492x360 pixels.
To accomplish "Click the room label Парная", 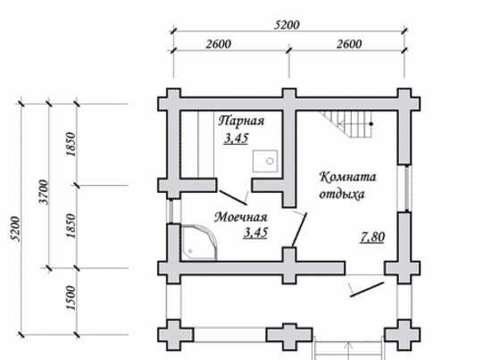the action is [x=241, y=121].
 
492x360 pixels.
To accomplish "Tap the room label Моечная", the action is [x=241, y=217].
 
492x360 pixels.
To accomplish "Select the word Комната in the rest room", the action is [x=347, y=177].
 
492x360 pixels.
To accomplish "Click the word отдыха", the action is [x=342, y=194].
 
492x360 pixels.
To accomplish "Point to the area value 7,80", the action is [x=372, y=237].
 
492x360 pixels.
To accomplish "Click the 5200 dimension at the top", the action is [x=287, y=25].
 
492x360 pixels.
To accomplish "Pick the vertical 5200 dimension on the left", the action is [x=16, y=229].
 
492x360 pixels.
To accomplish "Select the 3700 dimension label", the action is [x=44, y=192].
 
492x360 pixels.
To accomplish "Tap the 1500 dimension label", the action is [x=71, y=297].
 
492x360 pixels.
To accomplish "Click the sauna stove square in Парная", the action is [x=265, y=161].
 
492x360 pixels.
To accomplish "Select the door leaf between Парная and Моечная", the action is [x=233, y=197].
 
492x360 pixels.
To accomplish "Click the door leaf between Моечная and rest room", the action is [x=299, y=230].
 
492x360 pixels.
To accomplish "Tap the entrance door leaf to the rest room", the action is [x=367, y=289].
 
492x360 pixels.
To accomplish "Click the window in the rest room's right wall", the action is [x=407, y=188].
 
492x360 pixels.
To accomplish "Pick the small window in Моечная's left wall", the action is [x=171, y=211].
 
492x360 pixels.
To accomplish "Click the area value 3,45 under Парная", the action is [x=236, y=138].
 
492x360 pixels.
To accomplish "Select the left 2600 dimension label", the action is [x=219, y=45].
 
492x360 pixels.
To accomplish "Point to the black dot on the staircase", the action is [x=371, y=124].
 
